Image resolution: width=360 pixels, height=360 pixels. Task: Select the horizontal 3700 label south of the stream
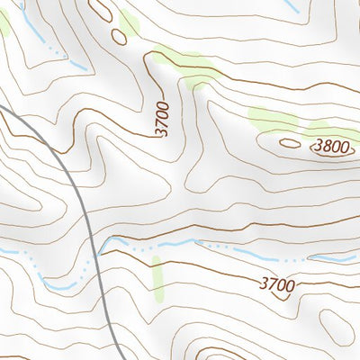tap(276, 285)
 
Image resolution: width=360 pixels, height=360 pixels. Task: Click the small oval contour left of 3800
tap(289, 142)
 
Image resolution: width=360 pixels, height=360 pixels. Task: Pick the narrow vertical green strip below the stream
tap(158, 278)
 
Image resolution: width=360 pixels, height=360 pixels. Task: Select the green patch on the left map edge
tap(4, 24)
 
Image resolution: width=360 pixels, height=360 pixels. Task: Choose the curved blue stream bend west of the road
tap(58, 284)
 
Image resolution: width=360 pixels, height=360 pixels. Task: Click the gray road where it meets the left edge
tap(3, 108)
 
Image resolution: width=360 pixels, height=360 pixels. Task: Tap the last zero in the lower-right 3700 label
tap(290, 285)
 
